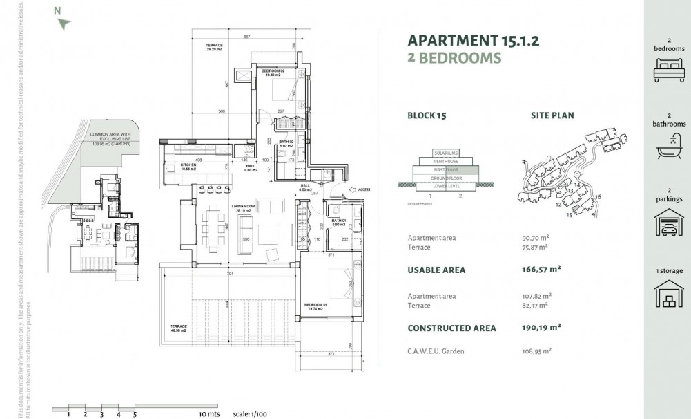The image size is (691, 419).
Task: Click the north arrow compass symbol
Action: coord(64,24)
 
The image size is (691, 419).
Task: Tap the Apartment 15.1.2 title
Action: coord(473,40)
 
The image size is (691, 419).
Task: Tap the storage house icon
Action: coord(668,293)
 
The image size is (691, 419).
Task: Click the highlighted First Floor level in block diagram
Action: coord(446,169)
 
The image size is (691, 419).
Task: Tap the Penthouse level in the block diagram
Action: coord(446,161)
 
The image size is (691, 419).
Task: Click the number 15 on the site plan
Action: coord(570,215)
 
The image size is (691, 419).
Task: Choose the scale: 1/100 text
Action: coord(249,413)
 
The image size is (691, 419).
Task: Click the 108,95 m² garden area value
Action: coord(536,351)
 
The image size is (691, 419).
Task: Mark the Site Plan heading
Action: coord(552,115)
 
